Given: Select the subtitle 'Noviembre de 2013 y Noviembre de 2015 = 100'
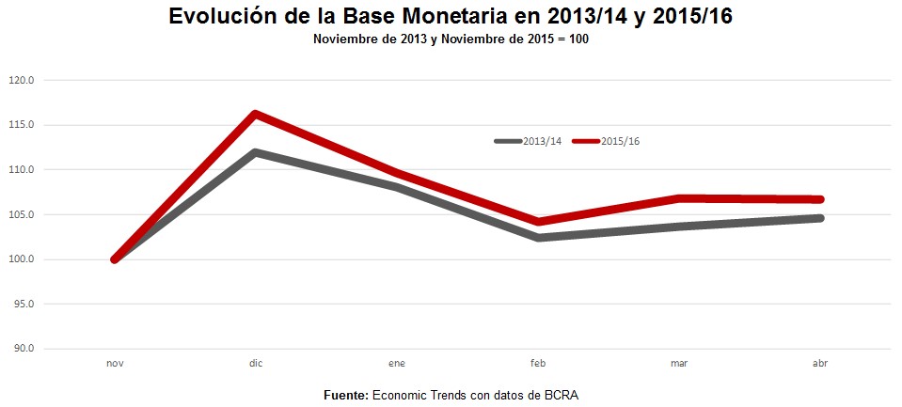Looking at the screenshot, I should tap(451, 39).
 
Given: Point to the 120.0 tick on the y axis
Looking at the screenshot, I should tap(21, 81).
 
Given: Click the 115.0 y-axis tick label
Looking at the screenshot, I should tap(21, 125).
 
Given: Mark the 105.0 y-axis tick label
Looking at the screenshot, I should tap(21, 214).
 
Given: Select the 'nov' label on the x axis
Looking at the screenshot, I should tap(115, 363).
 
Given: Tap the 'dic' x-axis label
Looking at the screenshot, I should tap(256, 363).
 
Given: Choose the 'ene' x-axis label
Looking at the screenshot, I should tap(397, 363).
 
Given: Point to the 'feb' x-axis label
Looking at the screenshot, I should tap(538, 363).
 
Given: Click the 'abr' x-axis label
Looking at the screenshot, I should tap(819, 363).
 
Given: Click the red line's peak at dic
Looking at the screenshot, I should tap(255, 114).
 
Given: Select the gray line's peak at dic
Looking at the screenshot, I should tap(255, 152).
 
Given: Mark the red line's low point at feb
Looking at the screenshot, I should tap(538, 222).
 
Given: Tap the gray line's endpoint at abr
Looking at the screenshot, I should tap(819, 218).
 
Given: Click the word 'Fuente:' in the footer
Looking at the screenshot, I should tap(345, 395).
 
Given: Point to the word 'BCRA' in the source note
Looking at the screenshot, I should tap(561, 395).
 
